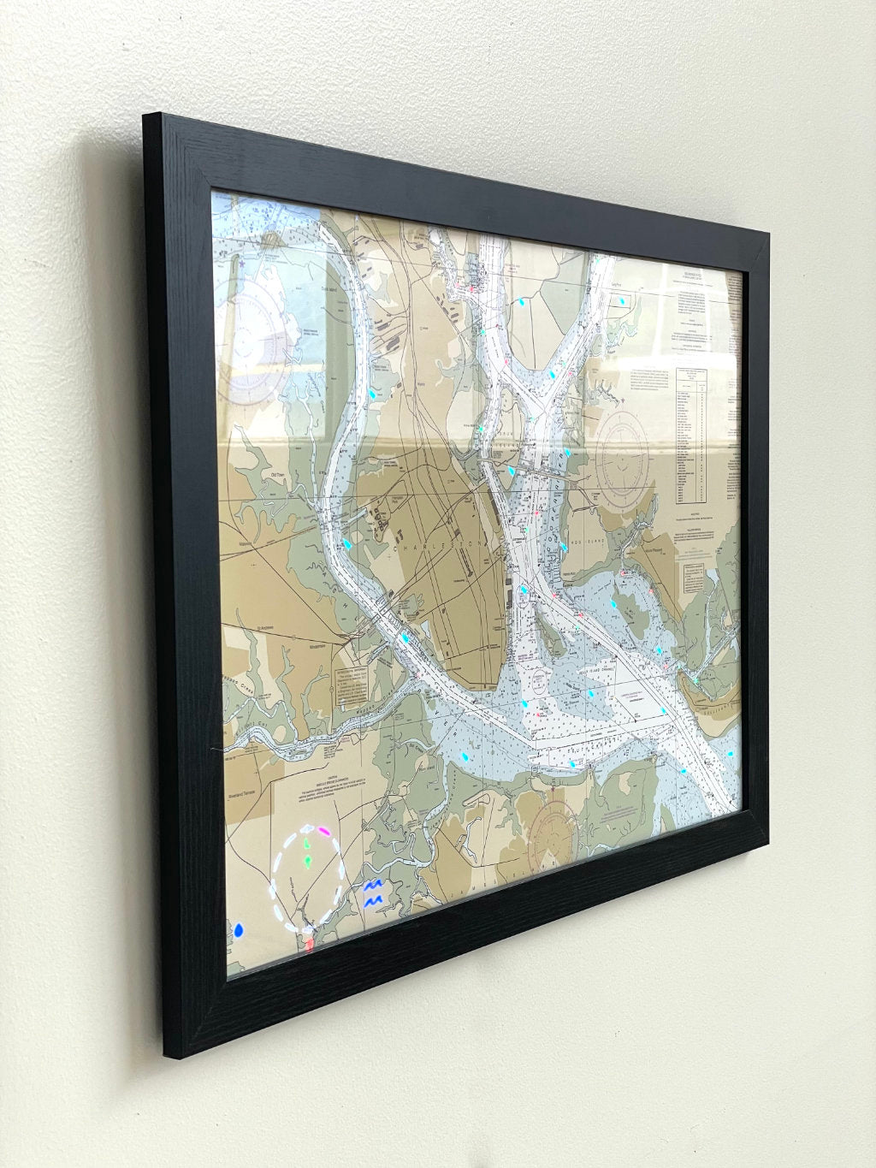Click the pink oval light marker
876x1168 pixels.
pos(324,830)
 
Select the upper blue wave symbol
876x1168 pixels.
pos(373,886)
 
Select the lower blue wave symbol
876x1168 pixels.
pos(373,901)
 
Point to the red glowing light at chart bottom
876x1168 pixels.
pos(308,943)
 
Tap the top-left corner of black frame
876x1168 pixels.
pos(147,117)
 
